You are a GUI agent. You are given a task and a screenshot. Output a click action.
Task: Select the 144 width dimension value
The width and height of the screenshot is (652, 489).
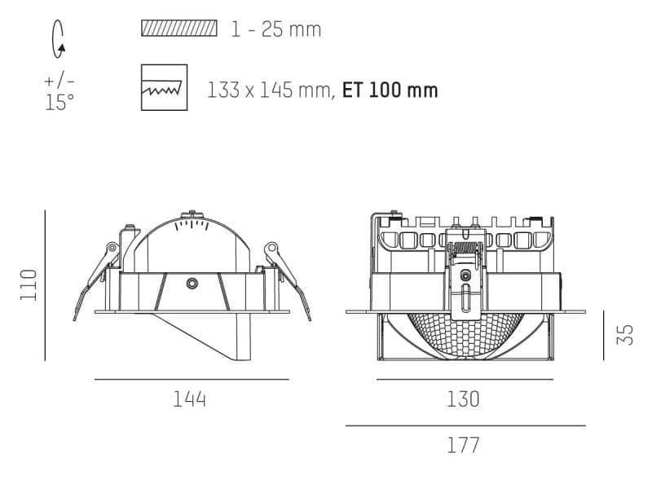(x=190, y=399)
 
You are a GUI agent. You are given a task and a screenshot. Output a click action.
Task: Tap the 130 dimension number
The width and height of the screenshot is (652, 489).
(x=463, y=399)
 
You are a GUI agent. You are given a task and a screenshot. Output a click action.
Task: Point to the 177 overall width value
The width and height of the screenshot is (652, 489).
(x=463, y=445)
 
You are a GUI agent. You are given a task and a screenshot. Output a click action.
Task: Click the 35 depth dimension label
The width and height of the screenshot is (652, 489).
(x=625, y=335)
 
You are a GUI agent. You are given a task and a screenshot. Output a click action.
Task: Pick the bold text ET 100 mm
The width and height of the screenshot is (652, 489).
(x=390, y=90)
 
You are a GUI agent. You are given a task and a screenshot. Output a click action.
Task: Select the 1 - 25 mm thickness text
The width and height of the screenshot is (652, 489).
(x=275, y=30)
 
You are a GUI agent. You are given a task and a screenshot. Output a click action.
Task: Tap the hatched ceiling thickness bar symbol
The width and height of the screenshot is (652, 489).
(x=179, y=29)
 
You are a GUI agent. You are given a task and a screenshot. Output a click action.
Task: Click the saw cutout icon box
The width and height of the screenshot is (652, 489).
(x=164, y=87)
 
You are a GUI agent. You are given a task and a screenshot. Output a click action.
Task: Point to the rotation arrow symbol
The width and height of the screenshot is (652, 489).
(x=59, y=39)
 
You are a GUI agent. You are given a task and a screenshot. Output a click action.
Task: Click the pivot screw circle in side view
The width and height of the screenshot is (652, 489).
(x=192, y=284)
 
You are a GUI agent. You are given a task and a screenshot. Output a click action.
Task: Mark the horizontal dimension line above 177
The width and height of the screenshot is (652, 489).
(x=465, y=425)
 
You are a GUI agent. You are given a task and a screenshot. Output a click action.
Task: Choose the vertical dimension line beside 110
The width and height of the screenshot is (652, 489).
(x=45, y=284)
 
